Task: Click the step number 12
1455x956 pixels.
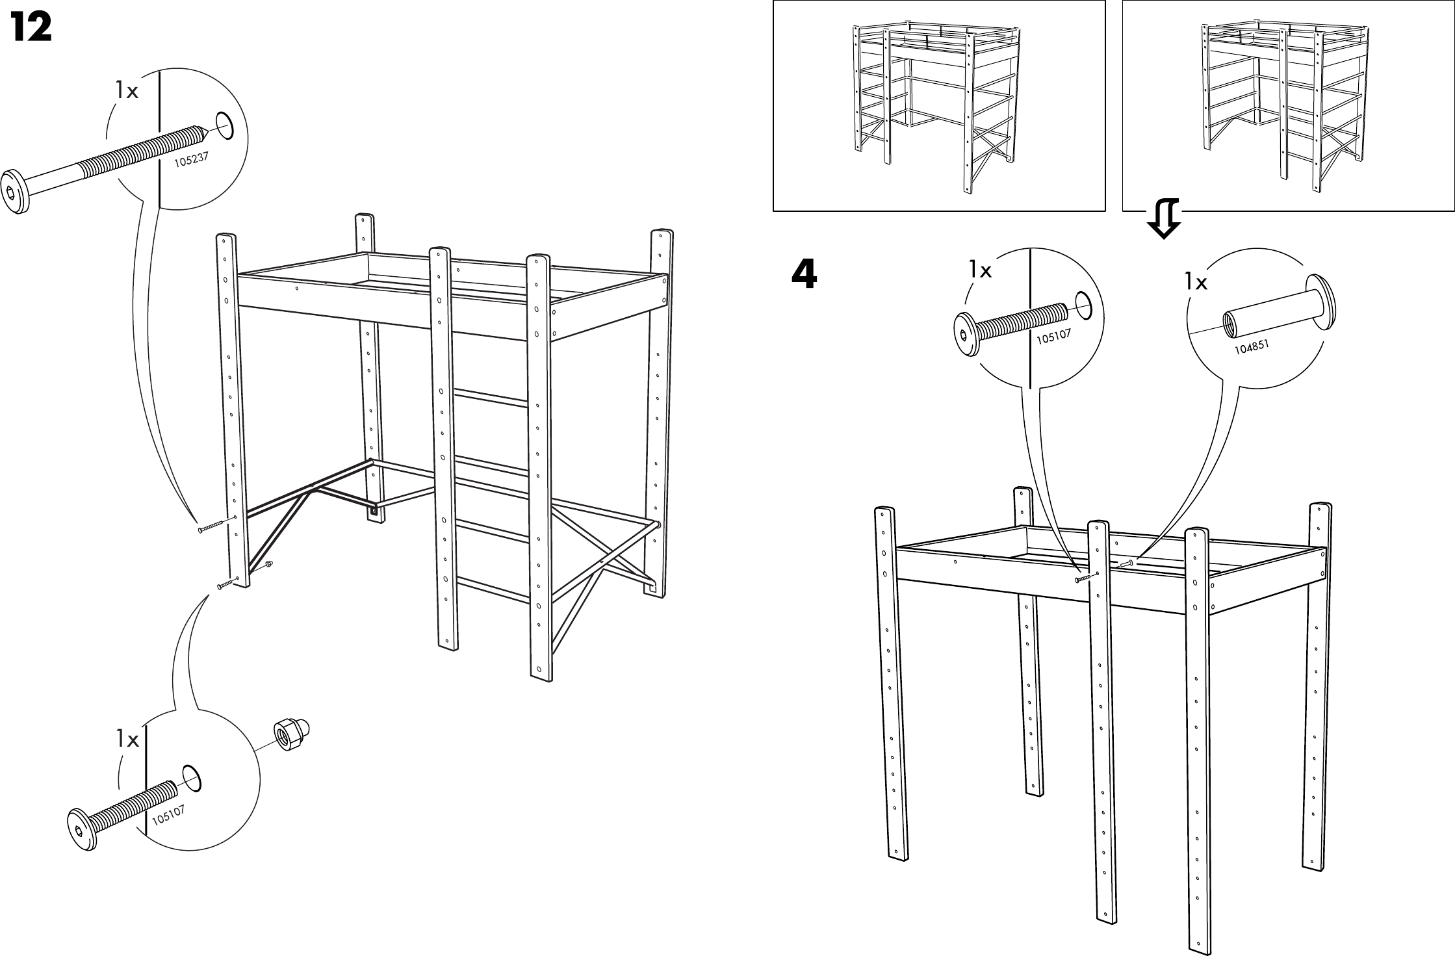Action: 31,29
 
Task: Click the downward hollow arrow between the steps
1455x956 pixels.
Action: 1164,220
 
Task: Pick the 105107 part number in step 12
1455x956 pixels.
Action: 169,814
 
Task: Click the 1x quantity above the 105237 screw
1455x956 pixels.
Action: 127,92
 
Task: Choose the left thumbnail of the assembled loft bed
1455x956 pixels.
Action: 938,105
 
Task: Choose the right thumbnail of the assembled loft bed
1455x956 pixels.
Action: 1288,105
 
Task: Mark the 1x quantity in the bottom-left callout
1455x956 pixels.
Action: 128,739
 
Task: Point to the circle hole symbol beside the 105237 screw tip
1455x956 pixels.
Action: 224,125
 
